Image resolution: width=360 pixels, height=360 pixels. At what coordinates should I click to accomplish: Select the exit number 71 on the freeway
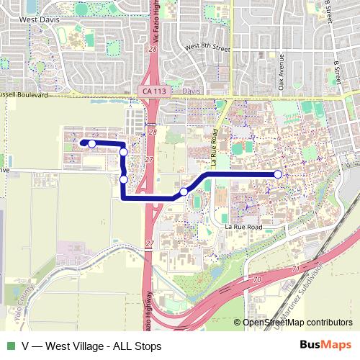coord(295,268)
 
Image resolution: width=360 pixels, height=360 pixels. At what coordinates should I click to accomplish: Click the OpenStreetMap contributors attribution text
coord(296,323)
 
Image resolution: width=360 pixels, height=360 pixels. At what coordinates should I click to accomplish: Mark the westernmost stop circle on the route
coord(92,144)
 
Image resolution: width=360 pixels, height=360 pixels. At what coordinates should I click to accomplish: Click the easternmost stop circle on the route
coord(278,174)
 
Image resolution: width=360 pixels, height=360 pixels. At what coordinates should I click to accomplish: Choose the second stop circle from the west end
coord(124,152)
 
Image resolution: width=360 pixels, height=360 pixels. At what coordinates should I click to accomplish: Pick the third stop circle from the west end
coord(124,179)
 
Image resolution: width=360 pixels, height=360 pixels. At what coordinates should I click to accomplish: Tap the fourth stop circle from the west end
coord(184,192)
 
